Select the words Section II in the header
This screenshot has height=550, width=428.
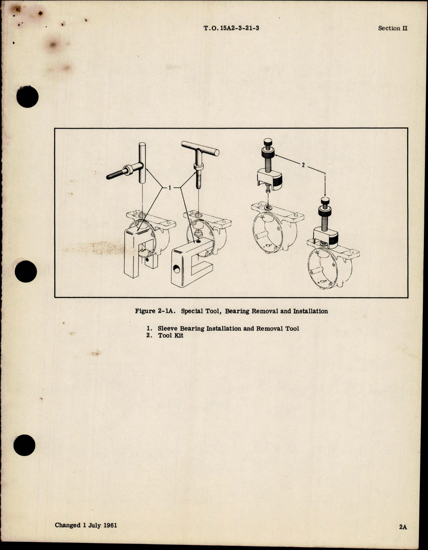[x=392, y=28]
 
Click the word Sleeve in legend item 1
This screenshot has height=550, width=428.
[x=168, y=328]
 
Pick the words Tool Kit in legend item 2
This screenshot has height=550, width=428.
[x=171, y=336]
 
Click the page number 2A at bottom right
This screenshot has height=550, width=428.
[x=403, y=527]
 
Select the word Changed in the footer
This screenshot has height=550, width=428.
[x=67, y=525]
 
